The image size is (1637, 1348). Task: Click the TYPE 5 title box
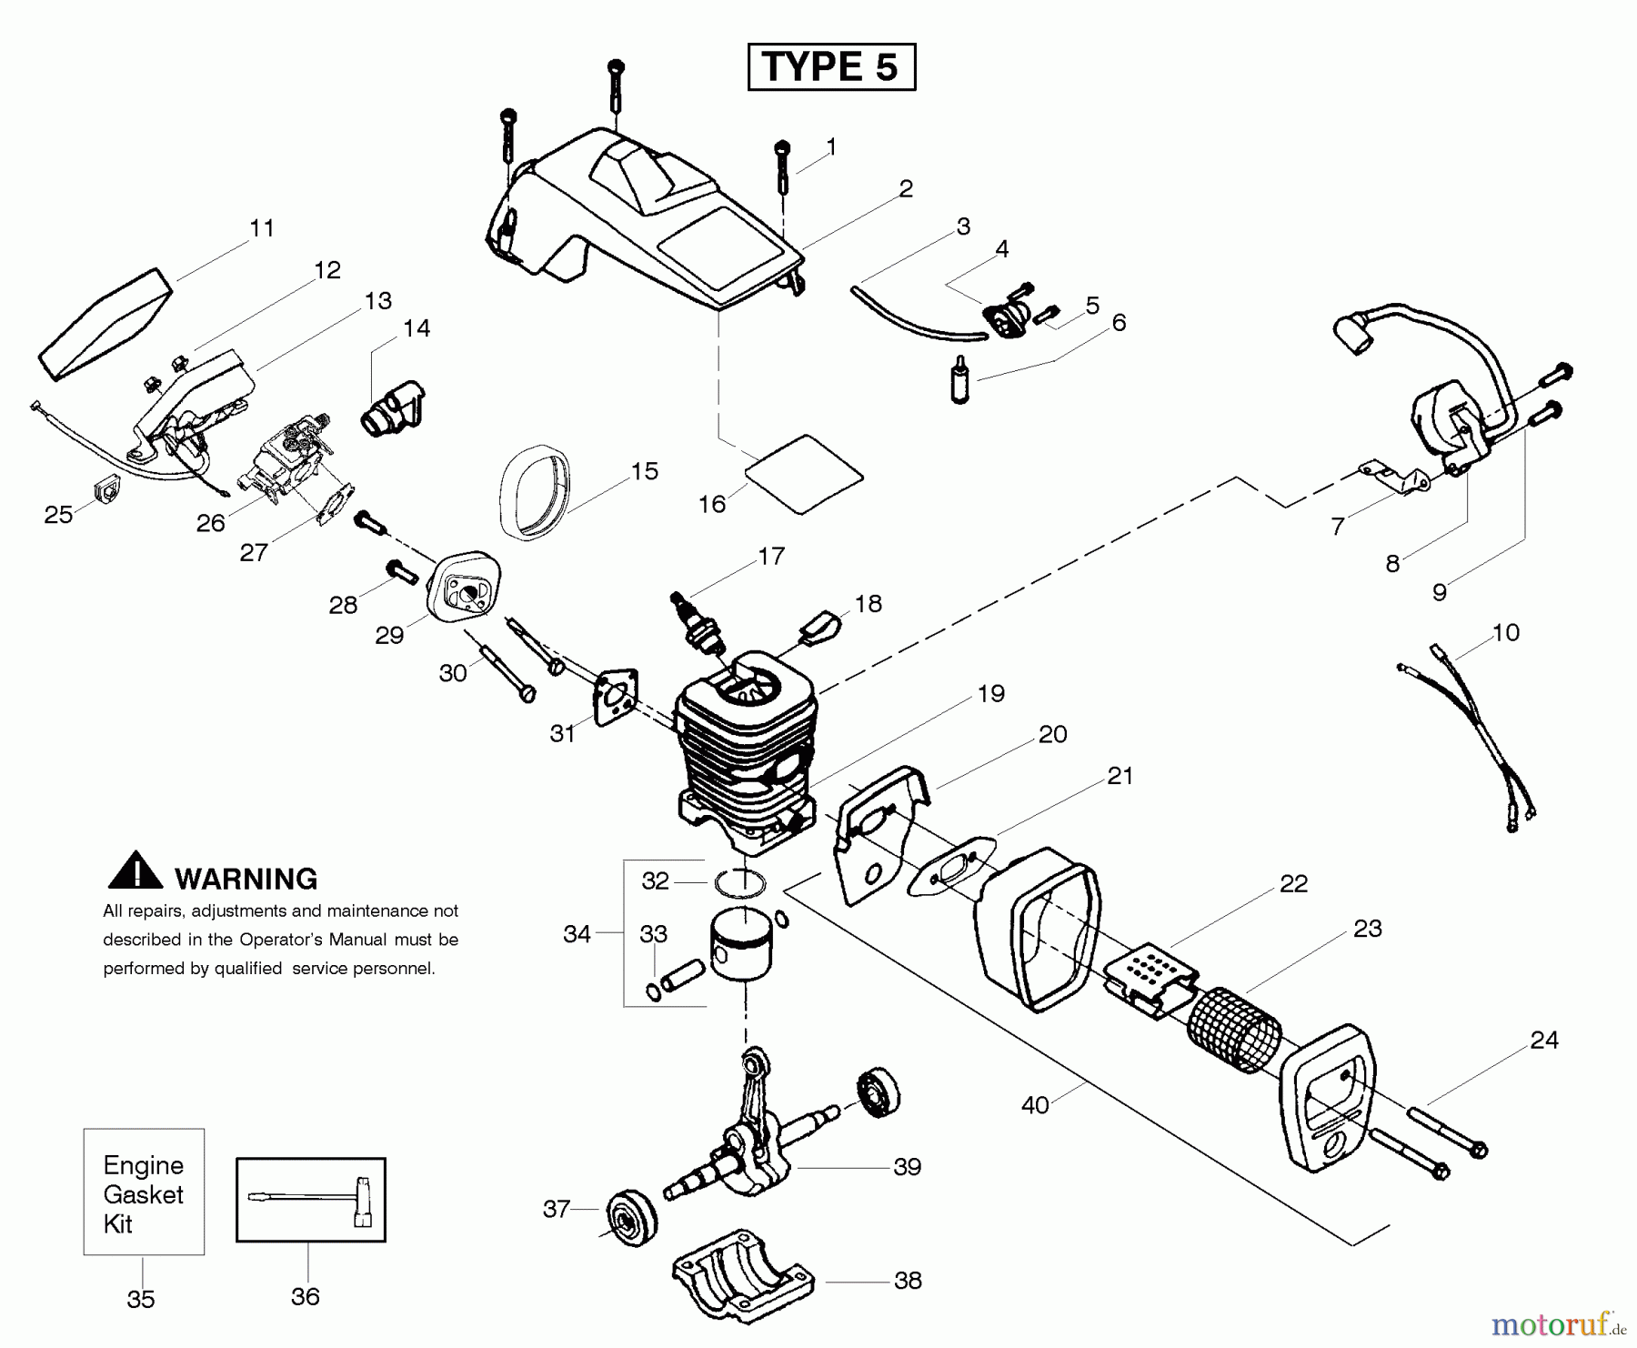[x=831, y=66]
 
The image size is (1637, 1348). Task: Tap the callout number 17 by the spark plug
[x=771, y=556]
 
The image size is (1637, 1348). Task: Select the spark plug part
[x=697, y=621]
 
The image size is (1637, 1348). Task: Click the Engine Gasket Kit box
[x=144, y=1192]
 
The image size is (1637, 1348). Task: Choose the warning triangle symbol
[x=135, y=871]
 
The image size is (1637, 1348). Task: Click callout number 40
[x=1035, y=1105]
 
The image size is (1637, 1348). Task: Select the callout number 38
[x=908, y=1280]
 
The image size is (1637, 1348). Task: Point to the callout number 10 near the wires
[x=1506, y=632]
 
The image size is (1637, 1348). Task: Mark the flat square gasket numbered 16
[x=803, y=473]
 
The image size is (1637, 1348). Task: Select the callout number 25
[x=58, y=515]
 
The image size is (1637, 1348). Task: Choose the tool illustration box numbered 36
[x=311, y=1199]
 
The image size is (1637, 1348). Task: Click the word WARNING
[x=246, y=879]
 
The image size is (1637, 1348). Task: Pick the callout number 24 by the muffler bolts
[x=1544, y=1040]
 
